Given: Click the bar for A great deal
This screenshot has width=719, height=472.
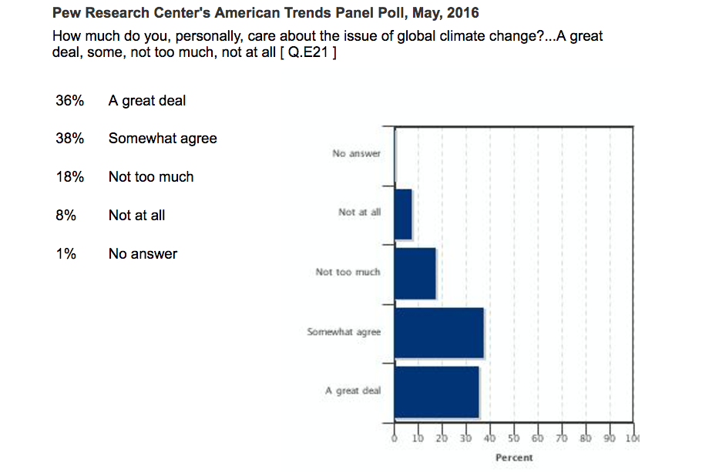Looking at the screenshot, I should (436, 393).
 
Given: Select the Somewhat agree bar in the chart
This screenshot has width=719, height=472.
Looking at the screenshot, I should (438, 333).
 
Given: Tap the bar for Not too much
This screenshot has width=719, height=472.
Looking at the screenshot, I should (415, 273).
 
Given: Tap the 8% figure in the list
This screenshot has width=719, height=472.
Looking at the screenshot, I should (66, 216).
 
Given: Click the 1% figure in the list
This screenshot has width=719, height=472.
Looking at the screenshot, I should (66, 254).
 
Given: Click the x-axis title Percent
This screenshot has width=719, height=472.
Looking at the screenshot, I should (514, 457).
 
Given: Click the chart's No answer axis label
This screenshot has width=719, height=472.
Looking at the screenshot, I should (356, 153).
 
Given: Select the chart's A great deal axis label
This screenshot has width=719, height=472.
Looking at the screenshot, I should (353, 390).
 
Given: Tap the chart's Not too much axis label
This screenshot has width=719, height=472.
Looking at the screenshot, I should (348, 272).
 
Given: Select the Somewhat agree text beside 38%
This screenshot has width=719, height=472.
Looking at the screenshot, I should (163, 139).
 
